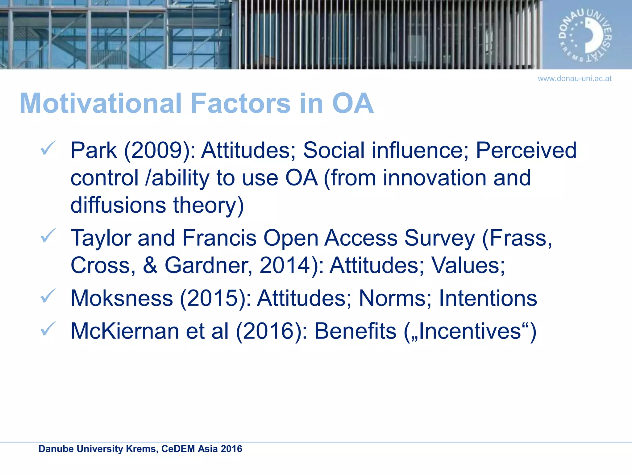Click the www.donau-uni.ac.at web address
tap(574, 79)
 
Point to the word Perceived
tap(526, 151)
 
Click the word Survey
tap(439, 238)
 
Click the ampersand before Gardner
tap(150, 265)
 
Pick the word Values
tap(468, 265)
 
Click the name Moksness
tap(122, 298)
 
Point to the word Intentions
tap(488, 298)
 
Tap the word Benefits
tap(355, 331)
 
